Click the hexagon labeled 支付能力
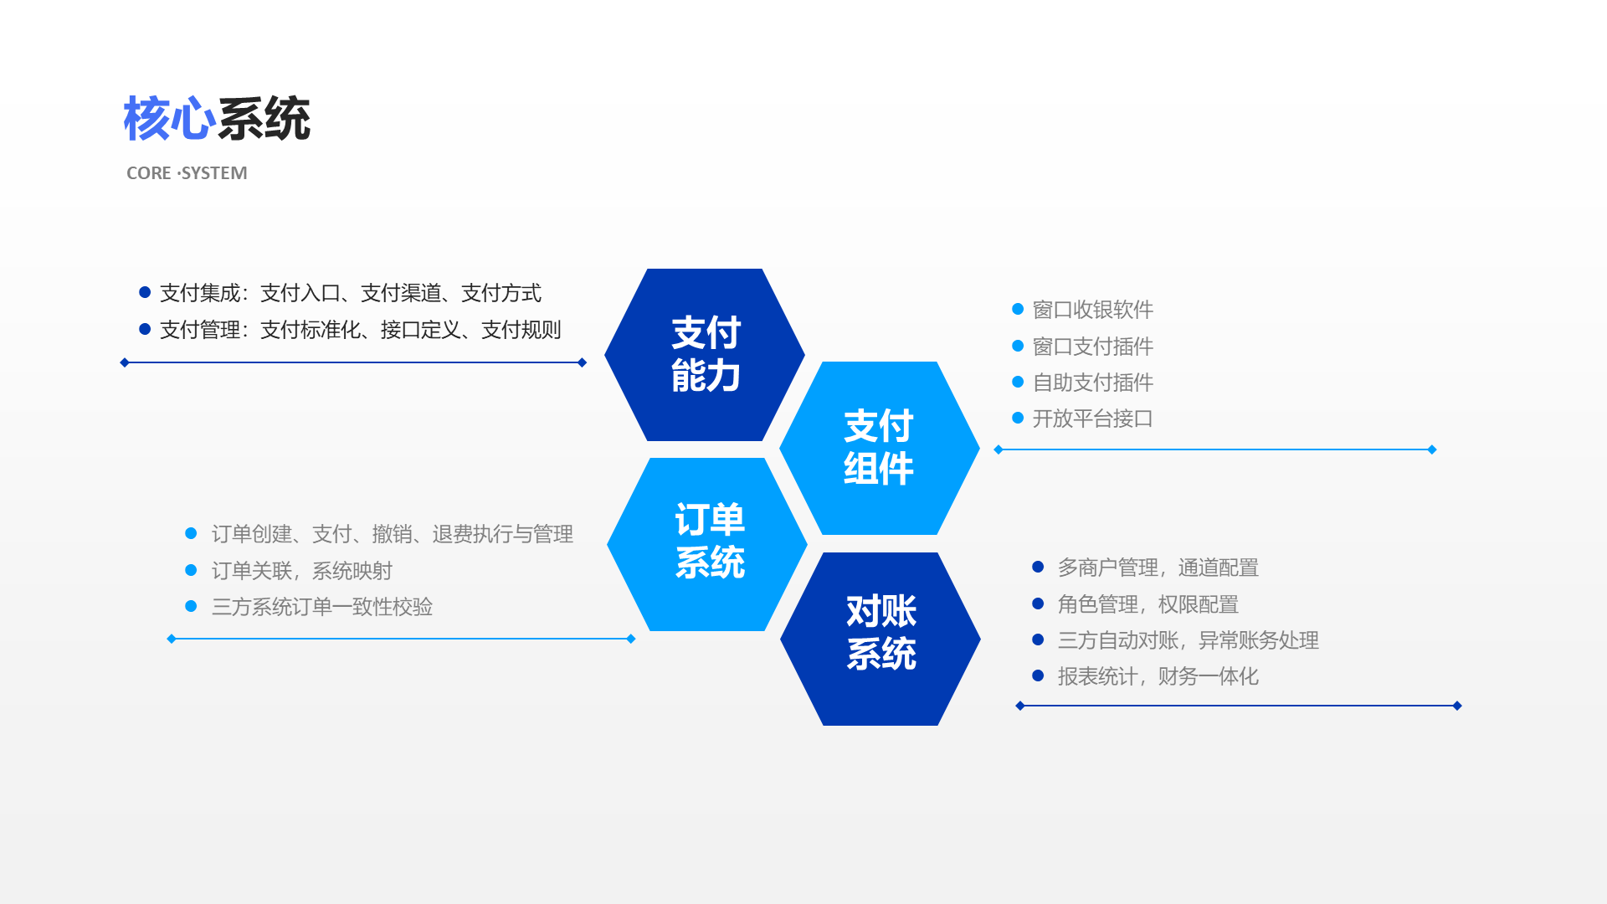[705, 355]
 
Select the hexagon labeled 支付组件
[879, 448]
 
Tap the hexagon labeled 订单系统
[708, 544]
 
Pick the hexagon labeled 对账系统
[881, 638]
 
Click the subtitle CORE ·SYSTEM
[187, 173]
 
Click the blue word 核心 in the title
[169, 119]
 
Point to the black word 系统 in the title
[264, 119]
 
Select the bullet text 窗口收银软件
[1092, 310]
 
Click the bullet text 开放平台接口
[1092, 419]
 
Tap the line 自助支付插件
[1092, 383]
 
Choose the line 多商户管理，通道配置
[1158, 568]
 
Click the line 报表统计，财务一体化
[1158, 676]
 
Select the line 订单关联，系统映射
[301, 571]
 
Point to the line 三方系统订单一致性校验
[321, 607]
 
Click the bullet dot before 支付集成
[145, 292]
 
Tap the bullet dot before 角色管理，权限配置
[1038, 604]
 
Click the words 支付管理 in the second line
[199, 330]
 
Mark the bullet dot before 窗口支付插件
[1018, 346]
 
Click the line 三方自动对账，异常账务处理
[1188, 640]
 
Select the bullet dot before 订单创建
[191, 533]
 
